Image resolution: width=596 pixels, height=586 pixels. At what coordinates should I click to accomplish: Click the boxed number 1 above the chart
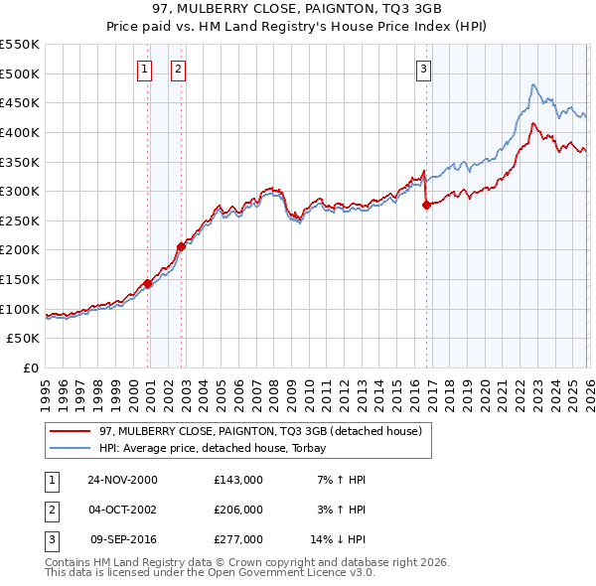pos(145,69)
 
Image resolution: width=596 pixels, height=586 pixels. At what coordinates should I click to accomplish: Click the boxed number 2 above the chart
pos(178,69)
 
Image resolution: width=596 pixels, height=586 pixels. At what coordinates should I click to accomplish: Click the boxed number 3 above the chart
pos(423,69)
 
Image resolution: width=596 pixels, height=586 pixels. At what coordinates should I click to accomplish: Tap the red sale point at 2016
pos(426,205)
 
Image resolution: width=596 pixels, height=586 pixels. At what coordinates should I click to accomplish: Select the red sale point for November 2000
pos(148,283)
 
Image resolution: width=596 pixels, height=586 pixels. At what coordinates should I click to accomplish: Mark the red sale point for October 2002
pos(182,246)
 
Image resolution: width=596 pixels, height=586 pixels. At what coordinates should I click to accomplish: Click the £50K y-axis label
pos(24,339)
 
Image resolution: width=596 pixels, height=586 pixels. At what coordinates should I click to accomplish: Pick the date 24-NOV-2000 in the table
pos(122,480)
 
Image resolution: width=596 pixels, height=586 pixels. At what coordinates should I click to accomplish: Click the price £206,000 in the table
pos(238,510)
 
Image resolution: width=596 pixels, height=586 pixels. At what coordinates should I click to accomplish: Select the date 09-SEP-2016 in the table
pos(123,539)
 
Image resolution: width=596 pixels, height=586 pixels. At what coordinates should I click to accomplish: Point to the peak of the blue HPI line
pos(533,84)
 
